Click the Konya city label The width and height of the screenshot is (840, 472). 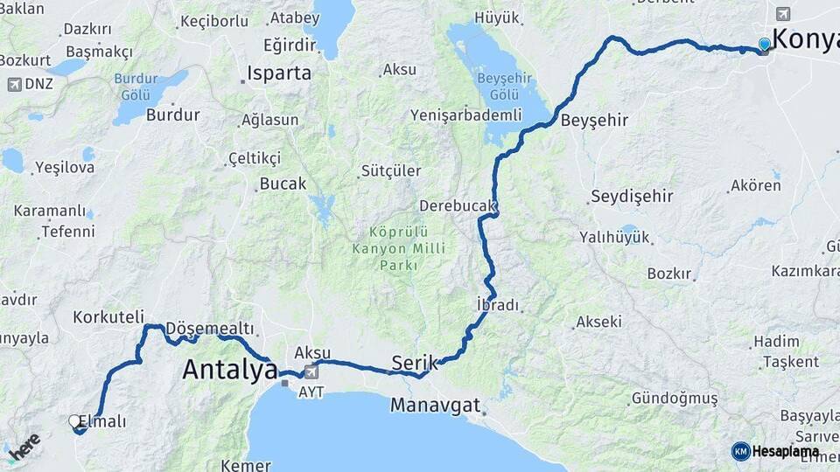pos(805,39)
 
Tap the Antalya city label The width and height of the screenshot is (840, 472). pos(229,370)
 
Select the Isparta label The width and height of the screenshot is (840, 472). pos(279,73)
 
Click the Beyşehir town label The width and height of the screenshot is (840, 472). pos(595,121)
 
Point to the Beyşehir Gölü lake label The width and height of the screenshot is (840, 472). pos(498,86)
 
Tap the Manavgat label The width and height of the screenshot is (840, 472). pos(436,406)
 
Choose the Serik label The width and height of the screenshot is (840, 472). pos(415,361)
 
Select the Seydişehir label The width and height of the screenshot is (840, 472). pos(632,196)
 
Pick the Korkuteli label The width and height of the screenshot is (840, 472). pos(108,316)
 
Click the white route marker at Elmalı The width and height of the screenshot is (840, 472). pos(75,421)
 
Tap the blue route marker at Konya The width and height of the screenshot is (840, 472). pos(765,44)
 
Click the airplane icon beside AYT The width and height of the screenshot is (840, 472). pos(311,373)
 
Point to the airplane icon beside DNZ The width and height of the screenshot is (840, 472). pos(14,84)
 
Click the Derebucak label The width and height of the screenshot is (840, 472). pos(458,206)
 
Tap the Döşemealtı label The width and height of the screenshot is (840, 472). pos(209,329)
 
